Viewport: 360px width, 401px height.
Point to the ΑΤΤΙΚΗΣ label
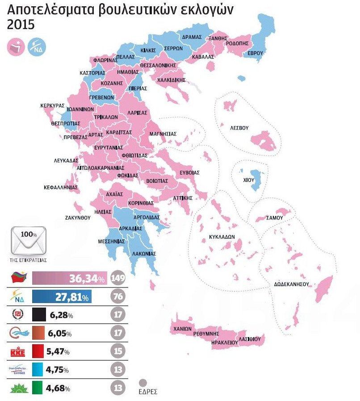coord(182,198)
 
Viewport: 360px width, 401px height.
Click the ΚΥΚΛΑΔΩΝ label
coord(222,237)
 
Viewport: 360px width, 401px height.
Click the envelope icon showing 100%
coord(29,239)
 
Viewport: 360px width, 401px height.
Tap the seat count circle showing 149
coord(118,279)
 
